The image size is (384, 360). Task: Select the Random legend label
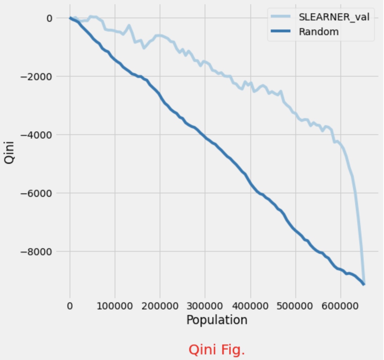click(x=318, y=32)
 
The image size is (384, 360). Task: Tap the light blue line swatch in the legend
click(x=280, y=17)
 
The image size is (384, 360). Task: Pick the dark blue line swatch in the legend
click(x=280, y=32)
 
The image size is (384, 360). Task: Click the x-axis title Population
click(x=217, y=320)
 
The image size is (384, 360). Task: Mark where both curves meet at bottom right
click(x=364, y=284)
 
